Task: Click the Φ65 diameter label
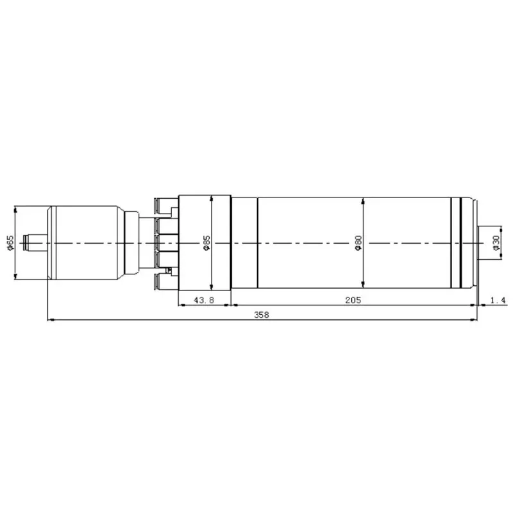coord(10,243)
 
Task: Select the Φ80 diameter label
coord(358,243)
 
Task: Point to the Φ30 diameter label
coord(496,243)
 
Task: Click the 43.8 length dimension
coord(204,299)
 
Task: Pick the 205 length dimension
coord(353,299)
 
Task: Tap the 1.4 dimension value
coord(497,299)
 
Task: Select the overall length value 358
coord(262,314)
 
